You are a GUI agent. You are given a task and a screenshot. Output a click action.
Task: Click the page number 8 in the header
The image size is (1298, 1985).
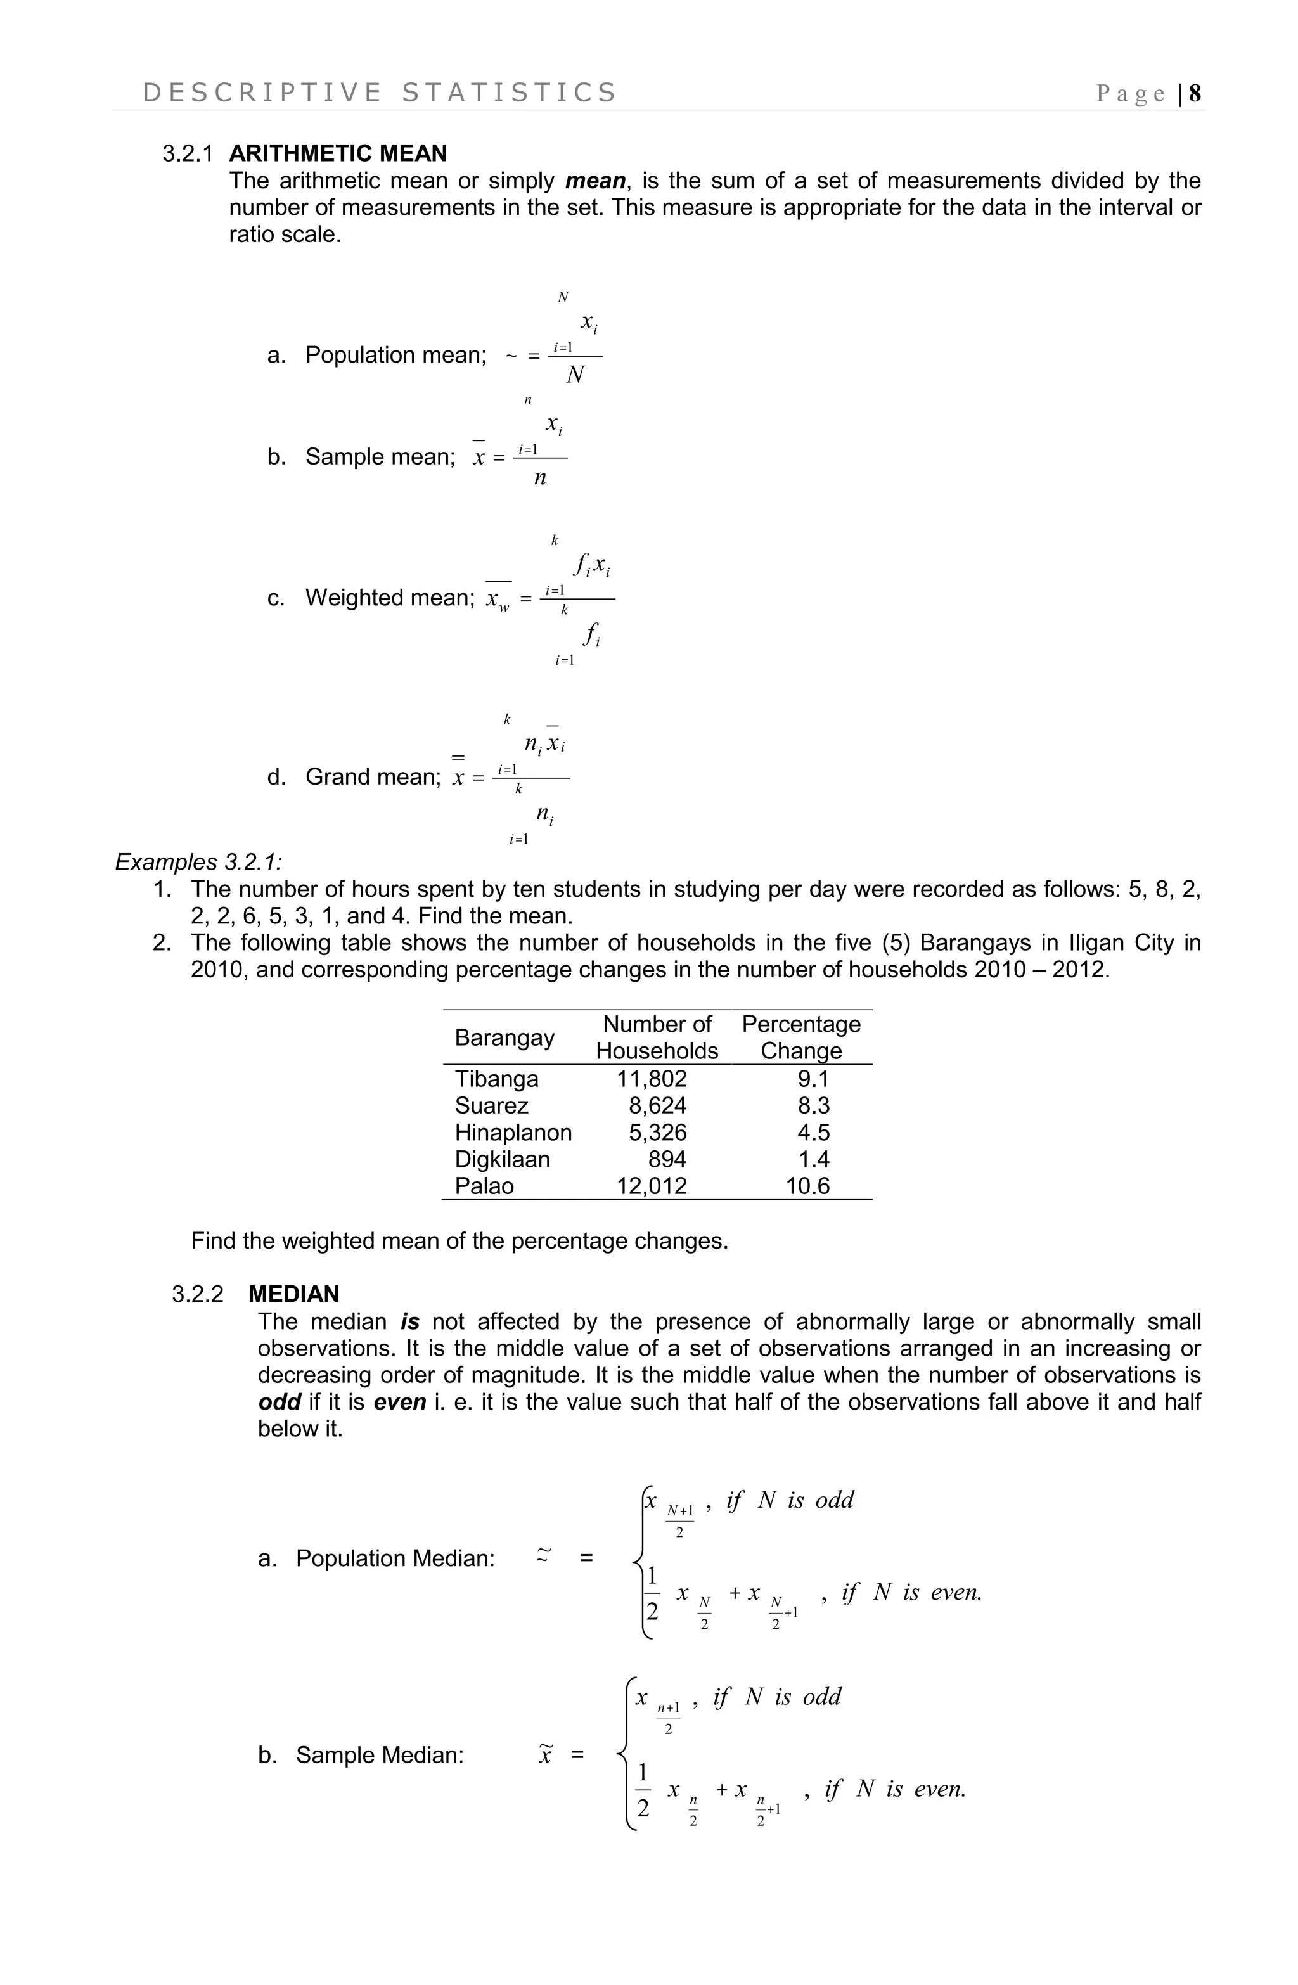tap(1195, 93)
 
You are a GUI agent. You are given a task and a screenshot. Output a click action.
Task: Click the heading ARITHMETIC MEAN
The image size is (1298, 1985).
tap(338, 153)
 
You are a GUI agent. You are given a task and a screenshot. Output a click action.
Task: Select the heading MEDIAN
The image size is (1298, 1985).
tap(293, 1294)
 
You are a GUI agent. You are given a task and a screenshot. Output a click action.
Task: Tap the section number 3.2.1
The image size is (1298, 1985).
tap(187, 153)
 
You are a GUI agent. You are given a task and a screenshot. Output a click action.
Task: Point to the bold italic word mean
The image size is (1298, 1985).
tap(594, 181)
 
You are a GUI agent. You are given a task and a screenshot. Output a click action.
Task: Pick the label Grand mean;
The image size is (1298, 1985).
tap(373, 776)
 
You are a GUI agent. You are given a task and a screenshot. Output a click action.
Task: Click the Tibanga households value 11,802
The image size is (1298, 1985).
tap(652, 1079)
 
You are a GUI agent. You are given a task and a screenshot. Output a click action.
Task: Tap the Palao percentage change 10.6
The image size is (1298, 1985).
tap(807, 1185)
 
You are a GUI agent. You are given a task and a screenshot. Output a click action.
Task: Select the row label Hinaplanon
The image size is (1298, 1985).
tap(513, 1132)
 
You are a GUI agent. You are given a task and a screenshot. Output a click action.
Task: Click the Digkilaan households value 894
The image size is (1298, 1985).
tap(667, 1159)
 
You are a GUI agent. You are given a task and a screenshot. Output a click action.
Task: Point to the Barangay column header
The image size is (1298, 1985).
tap(504, 1037)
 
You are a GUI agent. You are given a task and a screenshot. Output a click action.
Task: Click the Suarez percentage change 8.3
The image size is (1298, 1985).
tap(813, 1105)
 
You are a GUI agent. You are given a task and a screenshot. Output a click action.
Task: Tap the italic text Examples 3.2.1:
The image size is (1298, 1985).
tap(198, 861)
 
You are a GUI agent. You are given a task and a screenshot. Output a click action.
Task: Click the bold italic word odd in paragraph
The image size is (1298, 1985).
tap(279, 1402)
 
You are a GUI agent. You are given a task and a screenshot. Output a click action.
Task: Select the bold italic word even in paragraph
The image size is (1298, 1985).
tap(399, 1402)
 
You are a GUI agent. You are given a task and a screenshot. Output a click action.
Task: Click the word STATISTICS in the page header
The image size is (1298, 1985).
tap(509, 93)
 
